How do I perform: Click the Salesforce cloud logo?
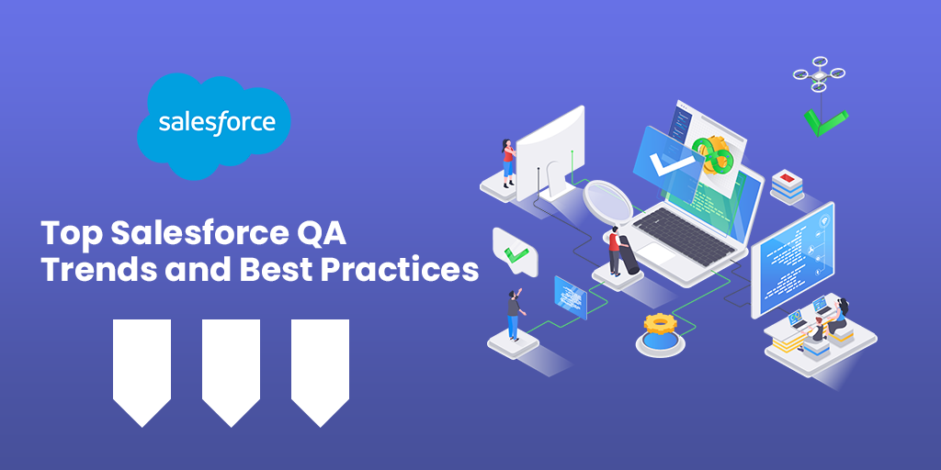tap(213, 125)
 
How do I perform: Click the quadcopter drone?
tap(819, 73)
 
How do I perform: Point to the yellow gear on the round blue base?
tap(660, 324)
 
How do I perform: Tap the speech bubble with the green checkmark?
tap(515, 252)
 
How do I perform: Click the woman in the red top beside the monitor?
tap(508, 162)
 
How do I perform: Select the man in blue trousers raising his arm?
tap(514, 314)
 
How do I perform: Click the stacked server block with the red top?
tap(787, 185)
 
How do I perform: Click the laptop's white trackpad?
tap(656, 254)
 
